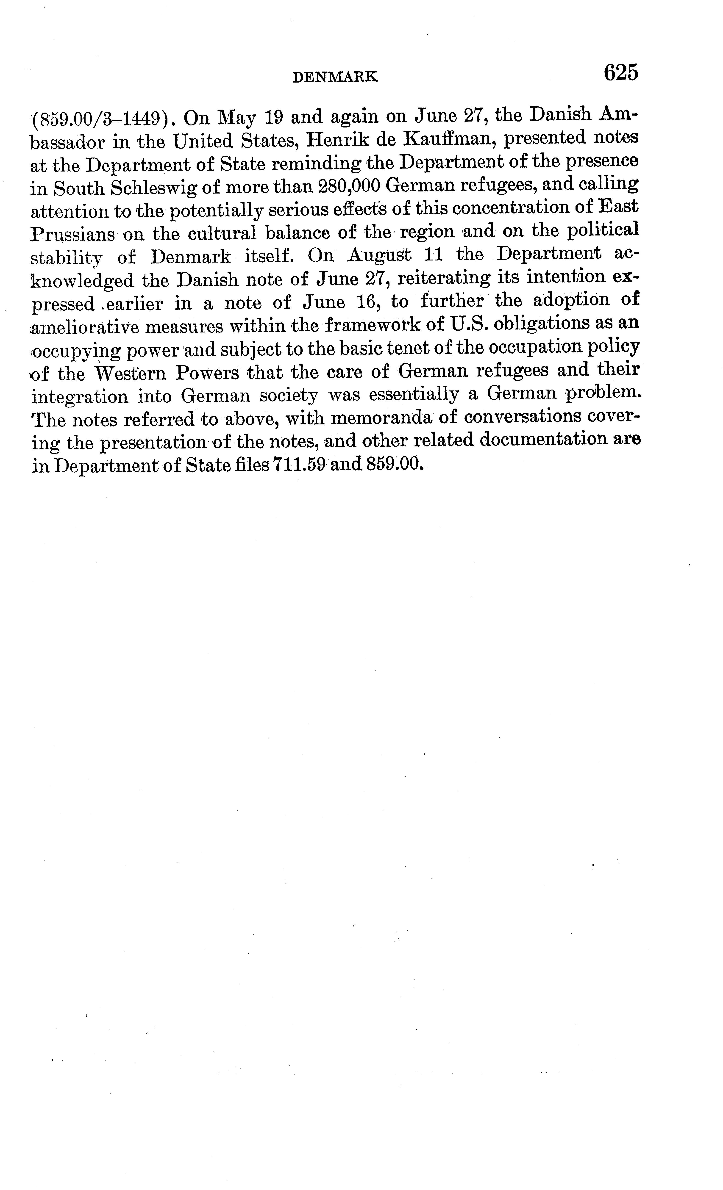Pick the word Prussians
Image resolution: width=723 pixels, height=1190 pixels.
click(x=72, y=235)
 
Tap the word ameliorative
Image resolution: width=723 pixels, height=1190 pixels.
click(x=85, y=327)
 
